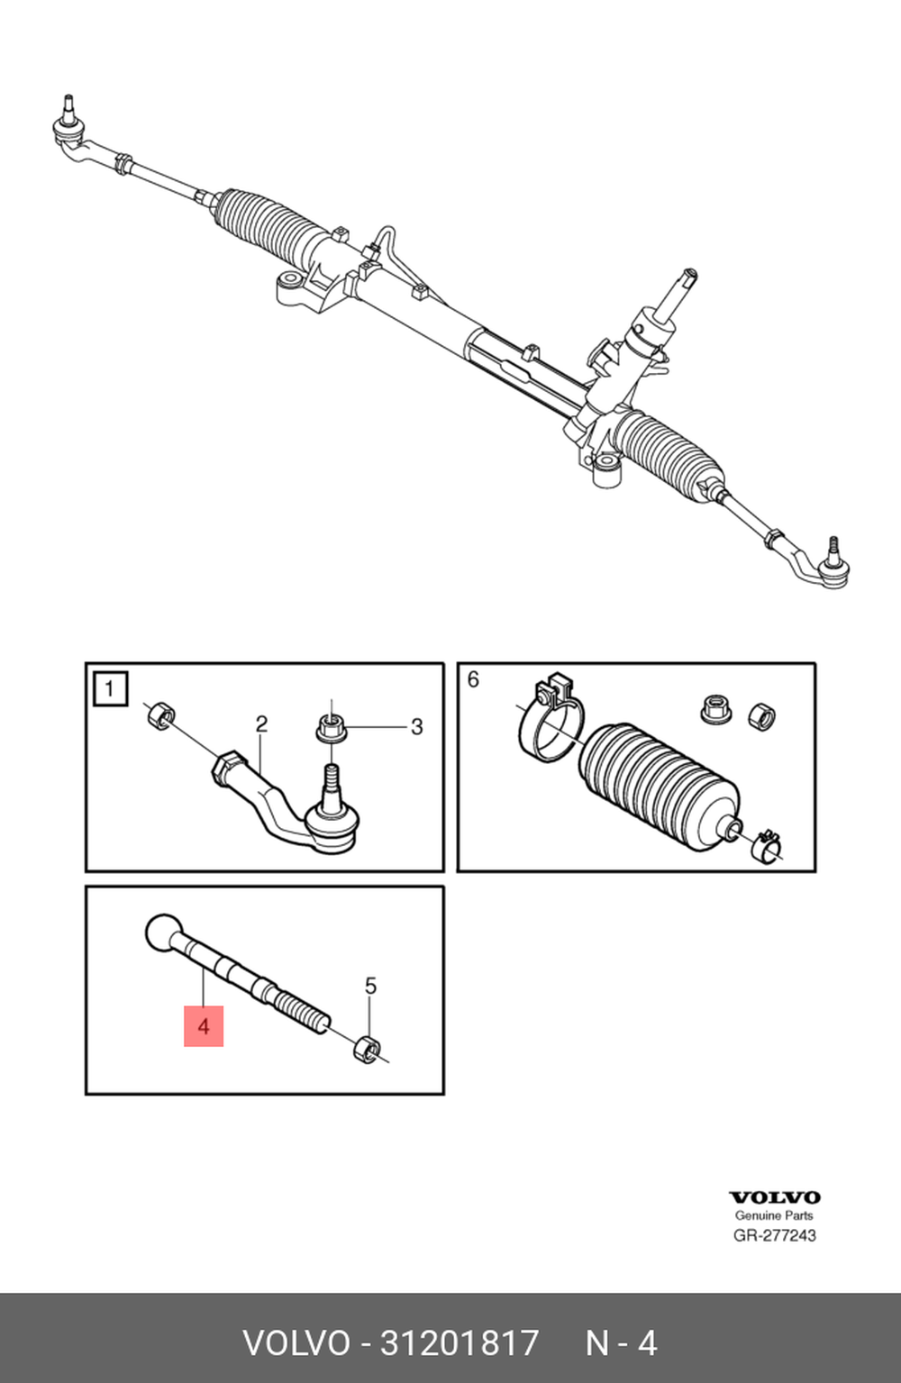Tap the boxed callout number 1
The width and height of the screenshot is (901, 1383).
click(x=110, y=688)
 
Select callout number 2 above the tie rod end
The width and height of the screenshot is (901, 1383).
click(x=261, y=724)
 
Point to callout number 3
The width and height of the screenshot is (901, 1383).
click(x=417, y=727)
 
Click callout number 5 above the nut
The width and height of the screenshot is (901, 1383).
click(x=370, y=986)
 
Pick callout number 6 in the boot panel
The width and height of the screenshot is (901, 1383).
click(x=473, y=679)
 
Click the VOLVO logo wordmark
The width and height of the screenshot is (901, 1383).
click(x=774, y=1197)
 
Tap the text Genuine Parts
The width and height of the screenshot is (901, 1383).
click(x=774, y=1216)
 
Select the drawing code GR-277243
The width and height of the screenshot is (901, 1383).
click(x=774, y=1235)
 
